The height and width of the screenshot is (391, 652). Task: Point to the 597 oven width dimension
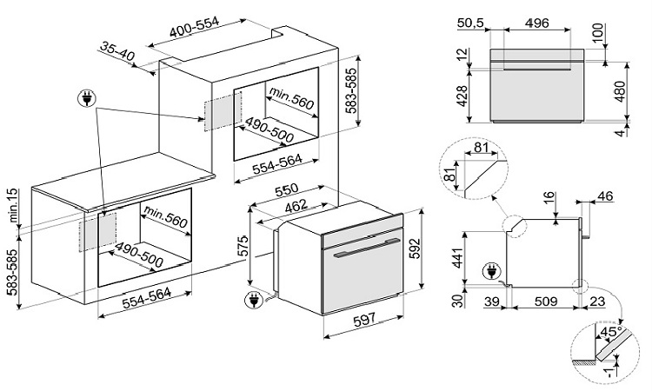pos(363,320)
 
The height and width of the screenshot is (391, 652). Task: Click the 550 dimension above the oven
pos(287,189)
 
